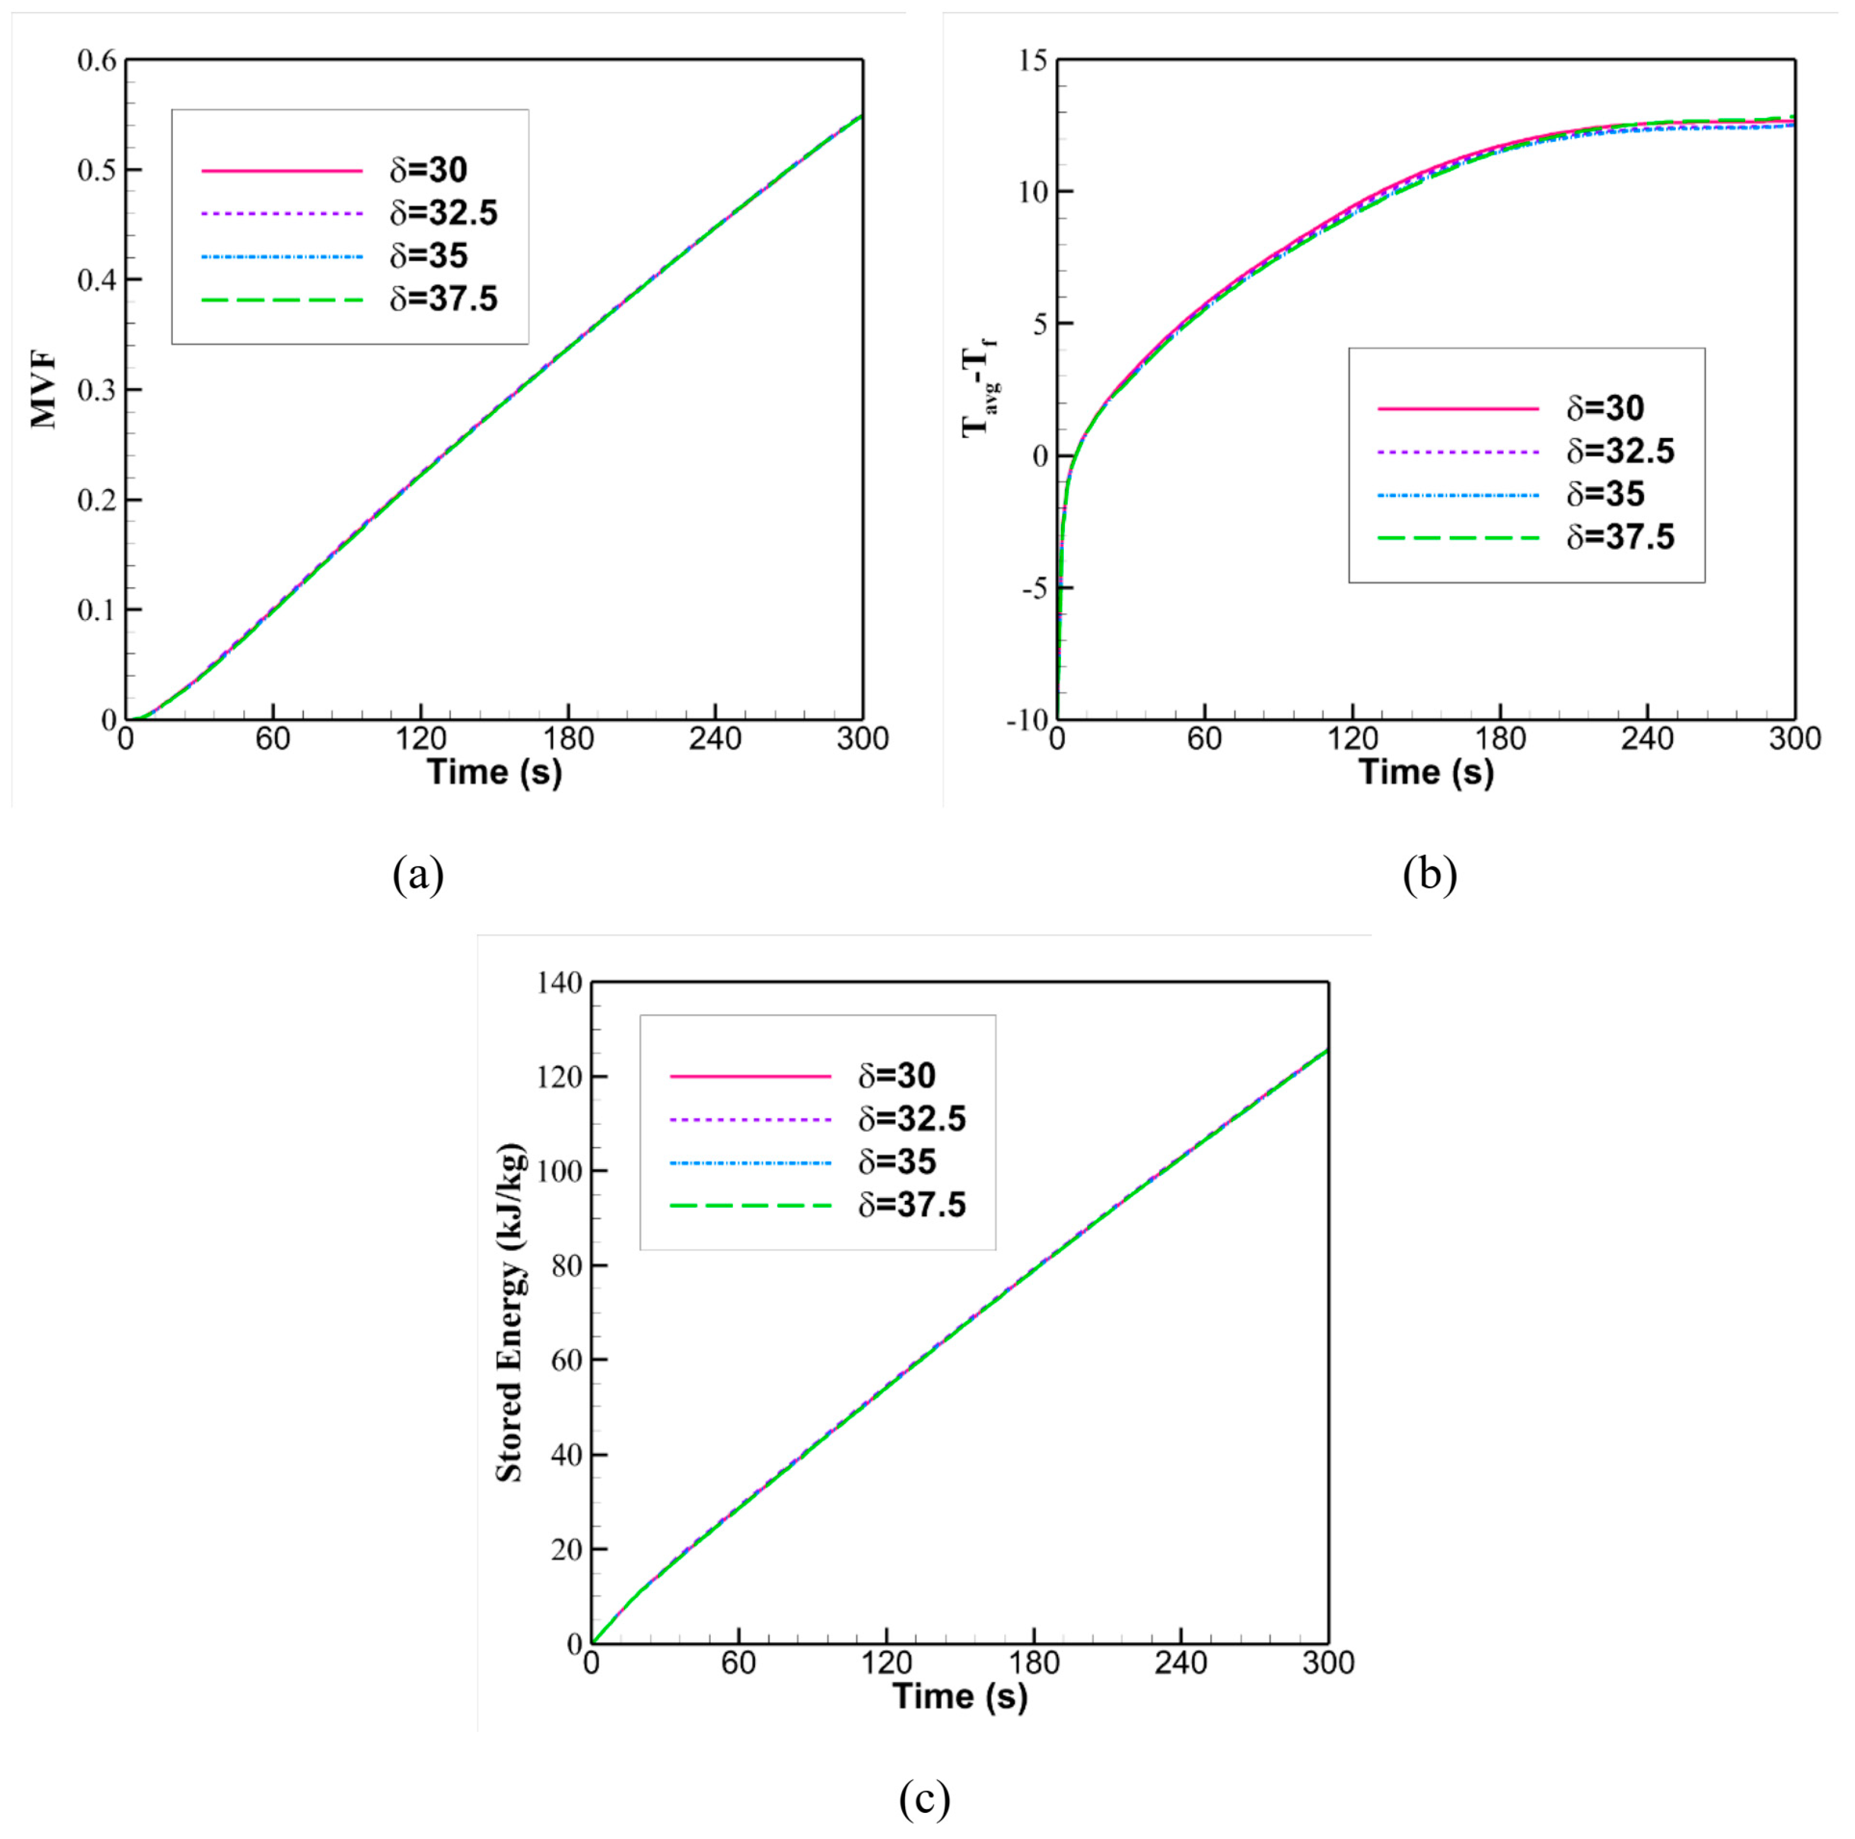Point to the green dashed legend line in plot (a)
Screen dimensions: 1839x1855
[x=282, y=300]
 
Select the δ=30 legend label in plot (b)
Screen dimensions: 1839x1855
[x=1606, y=408]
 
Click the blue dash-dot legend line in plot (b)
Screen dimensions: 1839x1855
[x=1458, y=495]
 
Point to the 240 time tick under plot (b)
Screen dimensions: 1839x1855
[x=1648, y=740]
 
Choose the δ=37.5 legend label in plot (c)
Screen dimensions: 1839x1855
[x=911, y=1205]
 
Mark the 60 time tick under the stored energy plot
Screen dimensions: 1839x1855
[x=738, y=1663]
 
